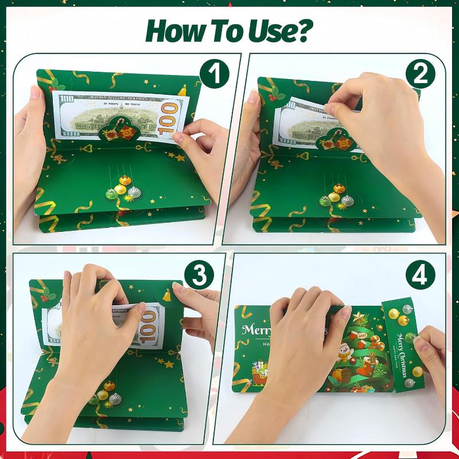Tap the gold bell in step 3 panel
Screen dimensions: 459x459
[x=166, y=296]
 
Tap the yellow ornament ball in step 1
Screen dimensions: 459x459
[x=122, y=189]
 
